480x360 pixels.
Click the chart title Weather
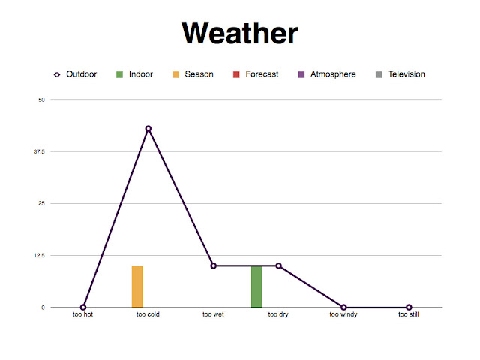(x=240, y=33)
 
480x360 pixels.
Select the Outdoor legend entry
(x=75, y=74)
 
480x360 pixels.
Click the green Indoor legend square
(x=120, y=74)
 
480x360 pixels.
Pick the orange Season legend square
(x=175, y=74)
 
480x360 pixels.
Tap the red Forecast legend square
(x=236, y=74)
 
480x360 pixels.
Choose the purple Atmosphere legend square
(x=301, y=74)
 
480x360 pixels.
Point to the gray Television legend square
(x=379, y=74)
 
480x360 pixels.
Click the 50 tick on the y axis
(x=41, y=100)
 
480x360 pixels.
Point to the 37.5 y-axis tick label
(x=39, y=151)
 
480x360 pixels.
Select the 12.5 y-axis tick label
(x=39, y=255)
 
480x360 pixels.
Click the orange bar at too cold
(x=137, y=286)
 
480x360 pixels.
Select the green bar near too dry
(x=256, y=286)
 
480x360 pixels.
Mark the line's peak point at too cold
(x=148, y=128)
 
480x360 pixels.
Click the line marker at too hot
(x=83, y=307)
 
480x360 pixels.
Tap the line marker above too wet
(x=213, y=265)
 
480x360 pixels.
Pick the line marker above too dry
(x=278, y=265)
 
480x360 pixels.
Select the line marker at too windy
(x=343, y=307)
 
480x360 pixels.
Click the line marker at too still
(x=409, y=307)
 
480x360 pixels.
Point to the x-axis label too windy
(x=343, y=314)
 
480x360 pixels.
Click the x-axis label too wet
(x=213, y=314)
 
